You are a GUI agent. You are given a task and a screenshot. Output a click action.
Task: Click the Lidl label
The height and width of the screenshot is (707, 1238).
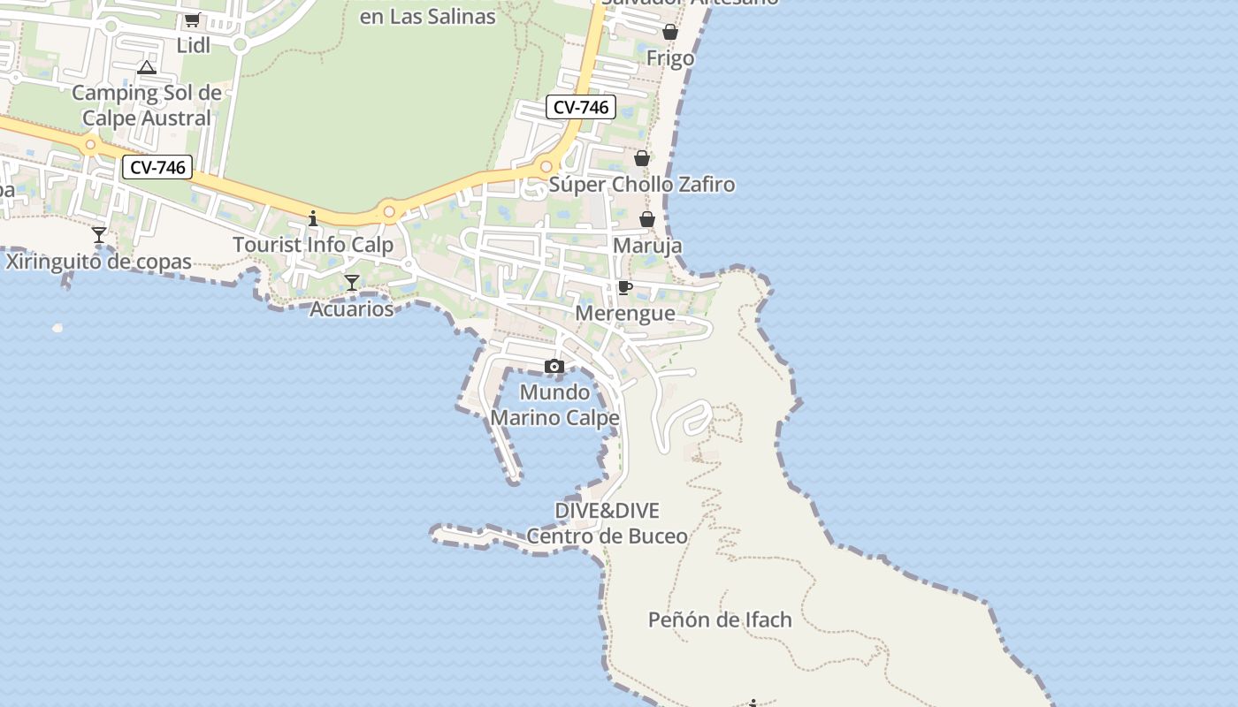(x=194, y=46)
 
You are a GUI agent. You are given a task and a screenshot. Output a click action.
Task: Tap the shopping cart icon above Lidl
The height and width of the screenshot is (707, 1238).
(x=192, y=19)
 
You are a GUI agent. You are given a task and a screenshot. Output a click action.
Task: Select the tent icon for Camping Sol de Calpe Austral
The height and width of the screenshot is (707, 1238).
(x=147, y=67)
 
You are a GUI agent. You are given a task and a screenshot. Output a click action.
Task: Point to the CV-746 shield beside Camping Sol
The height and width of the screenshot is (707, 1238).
(x=157, y=167)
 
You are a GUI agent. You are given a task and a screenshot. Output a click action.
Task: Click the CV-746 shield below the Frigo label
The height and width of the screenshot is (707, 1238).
(x=580, y=107)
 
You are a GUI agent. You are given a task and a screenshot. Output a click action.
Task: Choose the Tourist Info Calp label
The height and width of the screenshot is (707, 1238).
(x=313, y=245)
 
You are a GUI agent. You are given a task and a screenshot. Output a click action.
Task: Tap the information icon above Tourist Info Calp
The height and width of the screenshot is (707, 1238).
(x=312, y=217)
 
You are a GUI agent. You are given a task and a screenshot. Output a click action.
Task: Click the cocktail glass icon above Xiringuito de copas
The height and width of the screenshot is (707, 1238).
(x=99, y=235)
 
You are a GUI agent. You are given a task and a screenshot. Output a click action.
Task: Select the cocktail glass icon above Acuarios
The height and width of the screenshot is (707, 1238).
(x=352, y=283)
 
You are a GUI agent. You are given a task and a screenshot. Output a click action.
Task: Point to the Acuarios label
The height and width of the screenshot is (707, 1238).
(x=351, y=309)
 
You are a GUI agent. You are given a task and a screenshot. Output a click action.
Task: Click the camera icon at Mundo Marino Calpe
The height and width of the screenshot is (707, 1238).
(x=554, y=366)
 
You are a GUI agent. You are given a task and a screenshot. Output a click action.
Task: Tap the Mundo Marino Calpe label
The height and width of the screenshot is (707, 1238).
(x=554, y=405)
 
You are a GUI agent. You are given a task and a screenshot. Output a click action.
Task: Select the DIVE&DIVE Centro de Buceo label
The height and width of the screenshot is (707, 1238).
(x=608, y=523)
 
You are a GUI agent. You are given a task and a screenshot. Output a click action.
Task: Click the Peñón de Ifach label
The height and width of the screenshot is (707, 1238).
(x=720, y=620)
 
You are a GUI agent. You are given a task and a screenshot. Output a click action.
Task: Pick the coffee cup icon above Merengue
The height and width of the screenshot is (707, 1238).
(x=624, y=287)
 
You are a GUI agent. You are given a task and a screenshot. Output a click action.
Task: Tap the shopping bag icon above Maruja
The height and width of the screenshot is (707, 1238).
(x=647, y=219)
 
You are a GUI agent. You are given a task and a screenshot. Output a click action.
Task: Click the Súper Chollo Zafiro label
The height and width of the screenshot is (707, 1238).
(x=642, y=185)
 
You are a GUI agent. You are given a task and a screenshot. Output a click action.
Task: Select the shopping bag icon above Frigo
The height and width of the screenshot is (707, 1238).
(x=670, y=32)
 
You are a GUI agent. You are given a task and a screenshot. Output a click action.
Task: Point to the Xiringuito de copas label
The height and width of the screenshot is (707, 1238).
(x=99, y=262)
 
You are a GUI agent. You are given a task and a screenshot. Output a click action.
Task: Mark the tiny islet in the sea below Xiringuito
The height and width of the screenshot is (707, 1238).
(x=57, y=328)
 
